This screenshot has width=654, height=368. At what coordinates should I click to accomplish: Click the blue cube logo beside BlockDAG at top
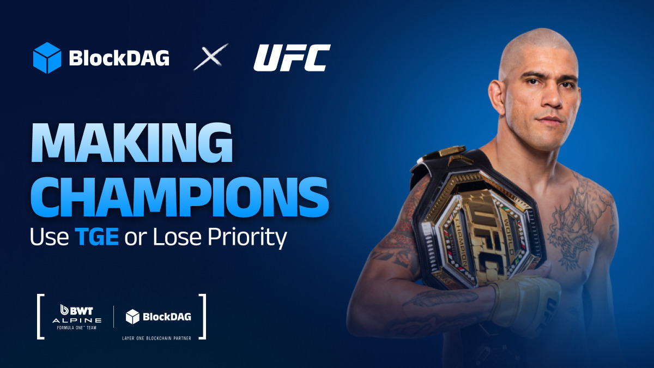point(47,58)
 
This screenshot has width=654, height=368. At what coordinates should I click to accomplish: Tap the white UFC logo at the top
point(292,58)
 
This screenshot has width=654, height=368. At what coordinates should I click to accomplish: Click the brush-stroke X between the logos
point(211,57)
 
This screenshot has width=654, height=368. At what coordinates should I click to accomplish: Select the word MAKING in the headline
point(132,142)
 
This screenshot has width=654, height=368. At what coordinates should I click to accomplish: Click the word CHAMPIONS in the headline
point(180,197)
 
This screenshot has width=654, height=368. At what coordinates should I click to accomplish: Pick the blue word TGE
point(96,236)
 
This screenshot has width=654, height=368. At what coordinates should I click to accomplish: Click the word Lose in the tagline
point(177,236)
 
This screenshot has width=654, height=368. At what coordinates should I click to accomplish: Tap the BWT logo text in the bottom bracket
point(77,310)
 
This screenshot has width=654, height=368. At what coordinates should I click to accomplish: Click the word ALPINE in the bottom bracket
point(77,321)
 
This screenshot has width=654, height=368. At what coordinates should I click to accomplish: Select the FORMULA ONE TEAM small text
point(76,328)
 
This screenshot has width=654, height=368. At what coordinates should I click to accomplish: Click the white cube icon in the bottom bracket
point(132,317)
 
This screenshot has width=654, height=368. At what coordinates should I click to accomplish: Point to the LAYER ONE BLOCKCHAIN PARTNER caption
point(156,338)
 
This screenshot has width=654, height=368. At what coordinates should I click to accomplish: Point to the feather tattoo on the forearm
point(441,298)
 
